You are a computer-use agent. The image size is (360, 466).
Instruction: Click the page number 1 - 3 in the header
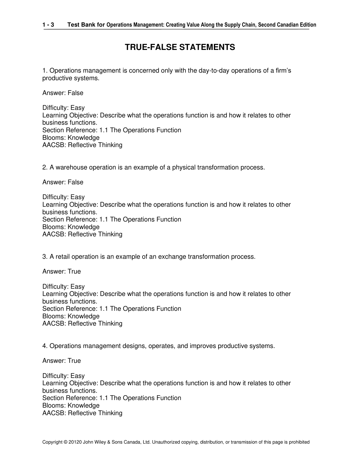(x=48, y=25)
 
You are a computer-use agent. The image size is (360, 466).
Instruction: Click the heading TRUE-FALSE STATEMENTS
(x=180, y=47)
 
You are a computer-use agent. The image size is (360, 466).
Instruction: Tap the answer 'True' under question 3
(x=74, y=271)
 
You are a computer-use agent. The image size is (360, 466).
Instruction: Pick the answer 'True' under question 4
(x=74, y=361)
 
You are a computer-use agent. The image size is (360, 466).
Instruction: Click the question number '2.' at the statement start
(x=45, y=167)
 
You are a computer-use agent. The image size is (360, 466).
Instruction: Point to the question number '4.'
(x=45, y=346)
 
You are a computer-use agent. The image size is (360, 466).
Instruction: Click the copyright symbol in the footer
(x=66, y=442)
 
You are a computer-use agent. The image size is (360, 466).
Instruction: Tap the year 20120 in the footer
(x=75, y=442)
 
